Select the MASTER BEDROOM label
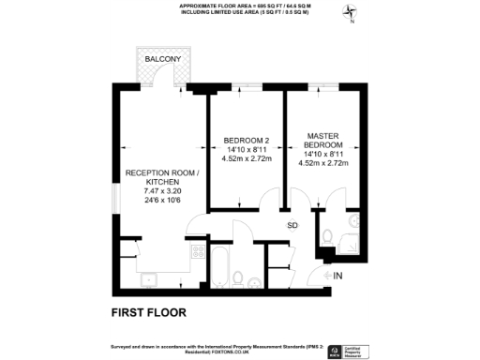point(323,141)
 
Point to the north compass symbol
point(351,14)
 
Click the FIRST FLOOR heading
point(149,311)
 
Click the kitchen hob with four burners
point(199,253)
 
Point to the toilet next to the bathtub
point(241,278)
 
